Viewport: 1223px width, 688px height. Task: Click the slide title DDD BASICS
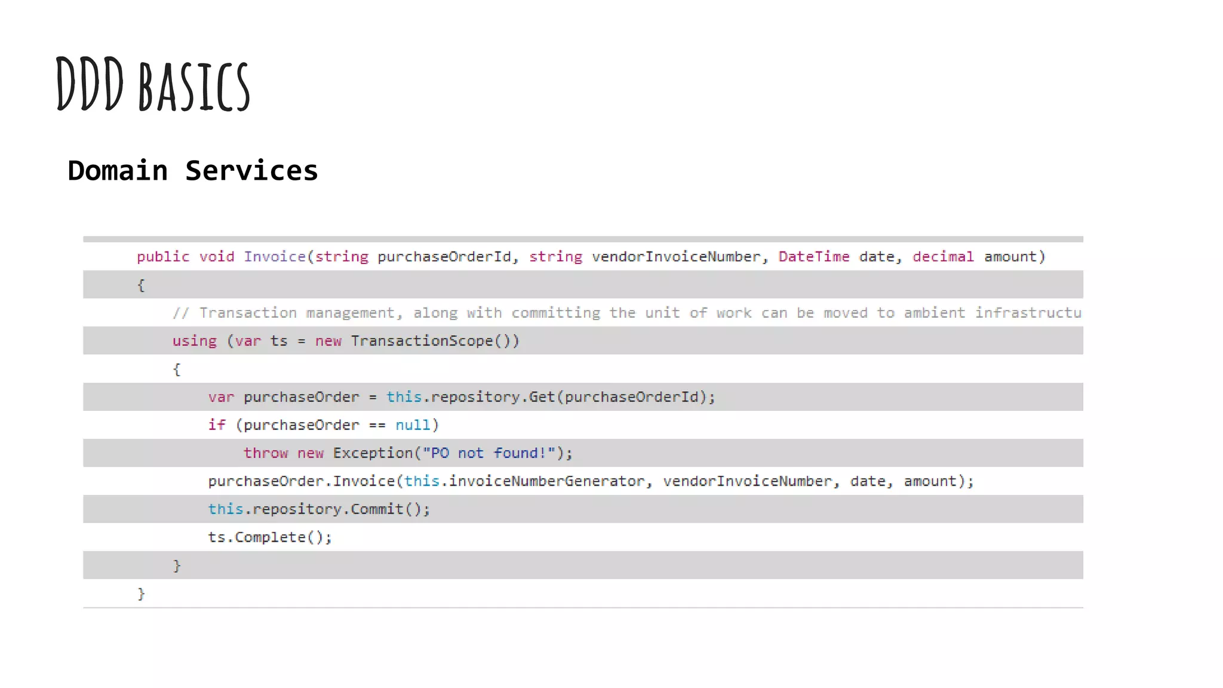[x=153, y=85]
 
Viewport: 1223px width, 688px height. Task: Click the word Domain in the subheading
[x=118, y=171]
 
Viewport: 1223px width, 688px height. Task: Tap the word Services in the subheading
[x=251, y=171]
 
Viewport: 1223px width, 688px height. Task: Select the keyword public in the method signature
[x=162, y=257]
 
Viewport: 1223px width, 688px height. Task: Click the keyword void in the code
[x=216, y=257]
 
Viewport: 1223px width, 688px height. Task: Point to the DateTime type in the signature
[x=813, y=257]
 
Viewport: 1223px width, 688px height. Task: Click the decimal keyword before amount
[x=943, y=257]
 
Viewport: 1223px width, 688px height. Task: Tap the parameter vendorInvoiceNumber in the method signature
[x=676, y=257]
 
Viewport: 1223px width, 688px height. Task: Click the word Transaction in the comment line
[x=248, y=313]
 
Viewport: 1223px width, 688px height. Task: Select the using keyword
[x=194, y=341]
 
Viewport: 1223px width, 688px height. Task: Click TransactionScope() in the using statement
[x=435, y=341]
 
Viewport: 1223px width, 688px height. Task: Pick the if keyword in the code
[x=216, y=425]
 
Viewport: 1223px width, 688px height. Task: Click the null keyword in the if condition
[x=412, y=425]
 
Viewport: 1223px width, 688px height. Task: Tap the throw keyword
[x=265, y=453]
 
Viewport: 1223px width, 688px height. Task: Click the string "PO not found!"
[x=489, y=453]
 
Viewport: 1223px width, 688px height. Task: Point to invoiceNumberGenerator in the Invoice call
[x=546, y=481]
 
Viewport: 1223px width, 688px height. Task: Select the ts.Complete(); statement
[x=269, y=537]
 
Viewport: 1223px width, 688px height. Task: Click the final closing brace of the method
[x=141, y=594]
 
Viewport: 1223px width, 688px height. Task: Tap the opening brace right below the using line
[x=177, y=369]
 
